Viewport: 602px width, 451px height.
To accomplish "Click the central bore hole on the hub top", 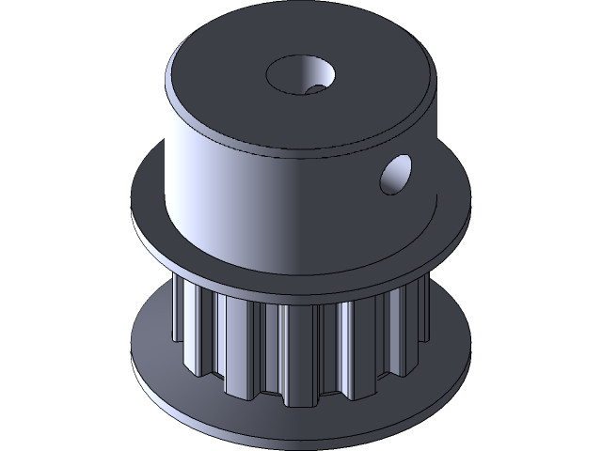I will (x=300, y=74).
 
